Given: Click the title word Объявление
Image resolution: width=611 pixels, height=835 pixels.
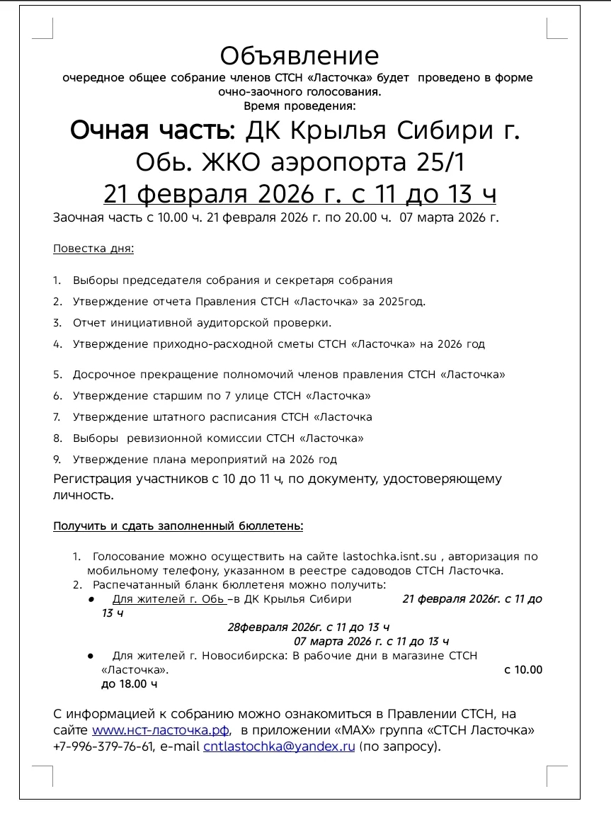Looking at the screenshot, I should pyautogui.click(x=299, y=56).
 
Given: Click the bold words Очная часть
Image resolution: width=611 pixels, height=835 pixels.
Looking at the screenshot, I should pyautogui.click(x=151, y=131).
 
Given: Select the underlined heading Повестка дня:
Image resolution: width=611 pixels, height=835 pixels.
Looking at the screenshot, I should pyautogui.click(x=93, y=249).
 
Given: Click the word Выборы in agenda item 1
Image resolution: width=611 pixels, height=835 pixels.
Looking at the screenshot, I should pyautogui.click(x=96, y=280).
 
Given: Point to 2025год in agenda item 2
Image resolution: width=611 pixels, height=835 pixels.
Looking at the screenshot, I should pyautogui.click(x=402, y=302).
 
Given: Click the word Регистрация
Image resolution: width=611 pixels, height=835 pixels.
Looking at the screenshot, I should pyautogui.click(x=93, y=479).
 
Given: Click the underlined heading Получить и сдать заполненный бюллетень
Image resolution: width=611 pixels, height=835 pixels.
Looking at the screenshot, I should pyautogui.click(x=178, y=526).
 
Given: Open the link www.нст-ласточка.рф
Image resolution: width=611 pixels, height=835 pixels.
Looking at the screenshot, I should pyautogui.click(x=161, y=730).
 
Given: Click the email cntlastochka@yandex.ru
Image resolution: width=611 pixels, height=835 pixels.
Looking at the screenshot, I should pyautogui.click(x=279, y=746).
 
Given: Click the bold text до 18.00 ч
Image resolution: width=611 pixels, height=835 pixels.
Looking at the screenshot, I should pyautogui.click(x=129, y=684).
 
